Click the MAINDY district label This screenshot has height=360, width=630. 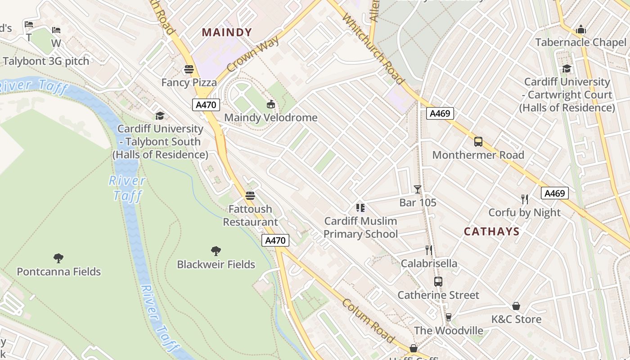coord(227,32)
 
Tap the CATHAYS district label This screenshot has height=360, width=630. coord(491,232)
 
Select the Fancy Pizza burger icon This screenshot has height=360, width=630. coord(189,69)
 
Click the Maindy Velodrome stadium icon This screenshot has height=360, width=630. coord(270,104)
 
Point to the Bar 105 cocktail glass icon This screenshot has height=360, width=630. coord(418,189)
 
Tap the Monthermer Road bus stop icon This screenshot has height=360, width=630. coord(478,142)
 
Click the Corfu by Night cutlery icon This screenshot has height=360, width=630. coord(524,199)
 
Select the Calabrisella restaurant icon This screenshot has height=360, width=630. coord(429,250)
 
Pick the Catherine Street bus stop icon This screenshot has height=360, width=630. coord(438,282)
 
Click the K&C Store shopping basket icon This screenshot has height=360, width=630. coord(516,306)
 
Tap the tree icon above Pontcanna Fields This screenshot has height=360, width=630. coord(58,258)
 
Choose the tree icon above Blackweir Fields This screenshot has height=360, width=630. coord(216,251)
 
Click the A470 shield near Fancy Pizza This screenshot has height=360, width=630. coord(206,105)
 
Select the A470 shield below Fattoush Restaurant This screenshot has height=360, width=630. coord(275,240)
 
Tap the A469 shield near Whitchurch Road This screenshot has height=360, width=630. coord(440,113)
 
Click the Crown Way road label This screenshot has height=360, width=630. coord(253,54)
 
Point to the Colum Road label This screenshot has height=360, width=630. coord(368,320)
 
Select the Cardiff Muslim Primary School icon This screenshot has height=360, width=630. coord(360,207)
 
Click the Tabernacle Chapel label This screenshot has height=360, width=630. coord(580,42)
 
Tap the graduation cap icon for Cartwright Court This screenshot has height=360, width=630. coord(567,68)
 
